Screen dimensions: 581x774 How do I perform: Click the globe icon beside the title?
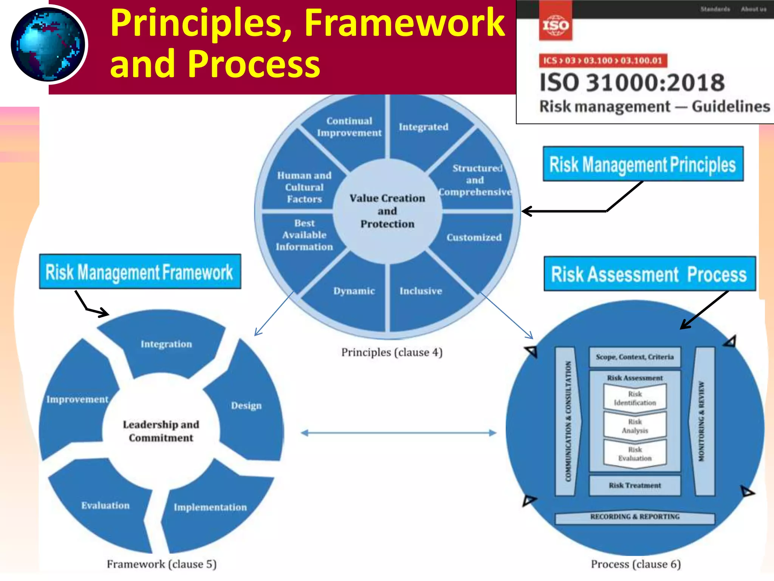click(x=48, y=45)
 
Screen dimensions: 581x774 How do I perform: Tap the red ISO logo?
click(x=555, y=25)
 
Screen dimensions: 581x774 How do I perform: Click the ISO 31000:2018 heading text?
click(x=632, y=82)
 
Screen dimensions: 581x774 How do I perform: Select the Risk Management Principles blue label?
click(x=643, y=164)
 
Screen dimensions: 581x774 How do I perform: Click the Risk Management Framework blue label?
click(x=140, y=272)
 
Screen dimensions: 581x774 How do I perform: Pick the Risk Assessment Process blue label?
click(x=649, y=274)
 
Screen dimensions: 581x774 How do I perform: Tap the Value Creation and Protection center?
click(x=387, y=211)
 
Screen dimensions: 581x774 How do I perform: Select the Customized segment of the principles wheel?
click(x=474, y=238)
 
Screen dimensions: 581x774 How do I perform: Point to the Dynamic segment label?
click(x=354, y=291)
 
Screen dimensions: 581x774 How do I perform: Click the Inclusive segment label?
click(x=421, y=291)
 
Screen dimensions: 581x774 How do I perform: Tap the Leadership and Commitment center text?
click(x=161, y=431)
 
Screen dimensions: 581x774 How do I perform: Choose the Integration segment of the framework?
click(x=166, y=344)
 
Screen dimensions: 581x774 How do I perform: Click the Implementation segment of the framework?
click(x=210, y=507)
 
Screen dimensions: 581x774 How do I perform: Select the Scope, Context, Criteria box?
click(x=635, y=357)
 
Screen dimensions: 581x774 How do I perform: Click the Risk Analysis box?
click(x=635, y=426)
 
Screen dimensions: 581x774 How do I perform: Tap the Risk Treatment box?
click(x=635, y=485)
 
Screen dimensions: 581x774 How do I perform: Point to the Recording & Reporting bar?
click(x=635, y=517)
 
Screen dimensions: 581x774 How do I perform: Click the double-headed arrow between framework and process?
click(x=399, y=433)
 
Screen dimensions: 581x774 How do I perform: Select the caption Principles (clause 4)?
click(x=392, y=352)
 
